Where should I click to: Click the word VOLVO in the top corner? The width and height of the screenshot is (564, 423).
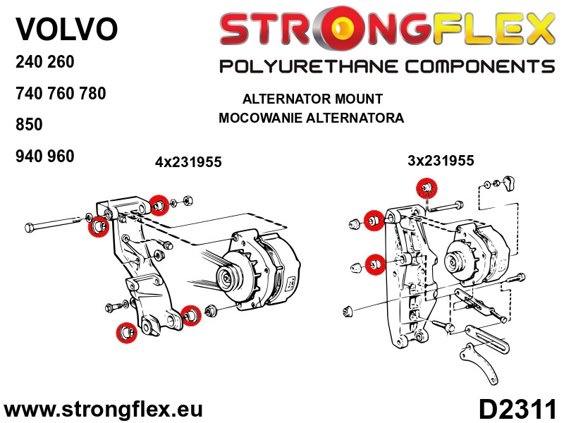click(66, 30)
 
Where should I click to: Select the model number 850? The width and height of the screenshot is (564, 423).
click(29, 125)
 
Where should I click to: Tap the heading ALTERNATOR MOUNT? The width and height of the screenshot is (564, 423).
click(312, 99)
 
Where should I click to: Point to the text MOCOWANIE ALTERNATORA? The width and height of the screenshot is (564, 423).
click(312, 118)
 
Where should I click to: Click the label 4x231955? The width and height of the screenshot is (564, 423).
click(188, 162)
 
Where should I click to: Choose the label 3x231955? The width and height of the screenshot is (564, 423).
click(441, 161)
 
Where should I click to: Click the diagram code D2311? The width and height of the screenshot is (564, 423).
click(517, 410)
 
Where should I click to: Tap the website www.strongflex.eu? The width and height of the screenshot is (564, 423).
click(103, 410)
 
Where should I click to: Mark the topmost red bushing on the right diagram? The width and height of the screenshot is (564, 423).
click(426, 188)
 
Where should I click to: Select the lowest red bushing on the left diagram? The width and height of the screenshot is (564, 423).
click(125, 331)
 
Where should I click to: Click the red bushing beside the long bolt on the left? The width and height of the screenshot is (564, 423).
click(97, 226)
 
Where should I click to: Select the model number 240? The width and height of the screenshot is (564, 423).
click(29, 61)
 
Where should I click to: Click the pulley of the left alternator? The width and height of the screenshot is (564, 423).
click(230, 277)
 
